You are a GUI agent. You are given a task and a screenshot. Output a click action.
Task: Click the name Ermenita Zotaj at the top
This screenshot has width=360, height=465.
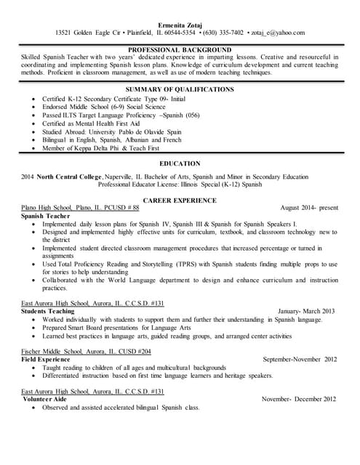(x=180, y=23)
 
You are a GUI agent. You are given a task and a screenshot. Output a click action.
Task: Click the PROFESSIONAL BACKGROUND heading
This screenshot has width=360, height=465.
(x=180, y=49)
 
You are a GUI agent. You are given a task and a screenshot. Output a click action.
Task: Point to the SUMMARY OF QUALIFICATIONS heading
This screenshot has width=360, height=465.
(x=180, y=89)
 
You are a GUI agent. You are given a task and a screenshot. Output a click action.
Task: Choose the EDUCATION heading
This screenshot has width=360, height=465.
(x=180, y=163)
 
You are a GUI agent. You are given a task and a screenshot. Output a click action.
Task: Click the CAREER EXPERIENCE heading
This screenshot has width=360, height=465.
(x=180, y=198)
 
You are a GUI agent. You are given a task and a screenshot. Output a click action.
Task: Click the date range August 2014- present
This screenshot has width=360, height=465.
(x=309, y=207)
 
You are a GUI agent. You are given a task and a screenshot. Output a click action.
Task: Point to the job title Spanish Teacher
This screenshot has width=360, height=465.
(x=46, y=216)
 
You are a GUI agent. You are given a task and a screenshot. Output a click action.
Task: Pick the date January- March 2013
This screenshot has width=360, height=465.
(x=306, y=310)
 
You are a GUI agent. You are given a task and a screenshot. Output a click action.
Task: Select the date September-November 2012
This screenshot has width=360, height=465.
(x=300, y=359)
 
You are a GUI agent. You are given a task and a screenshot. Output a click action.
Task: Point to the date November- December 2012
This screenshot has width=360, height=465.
(x=299, y=399)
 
